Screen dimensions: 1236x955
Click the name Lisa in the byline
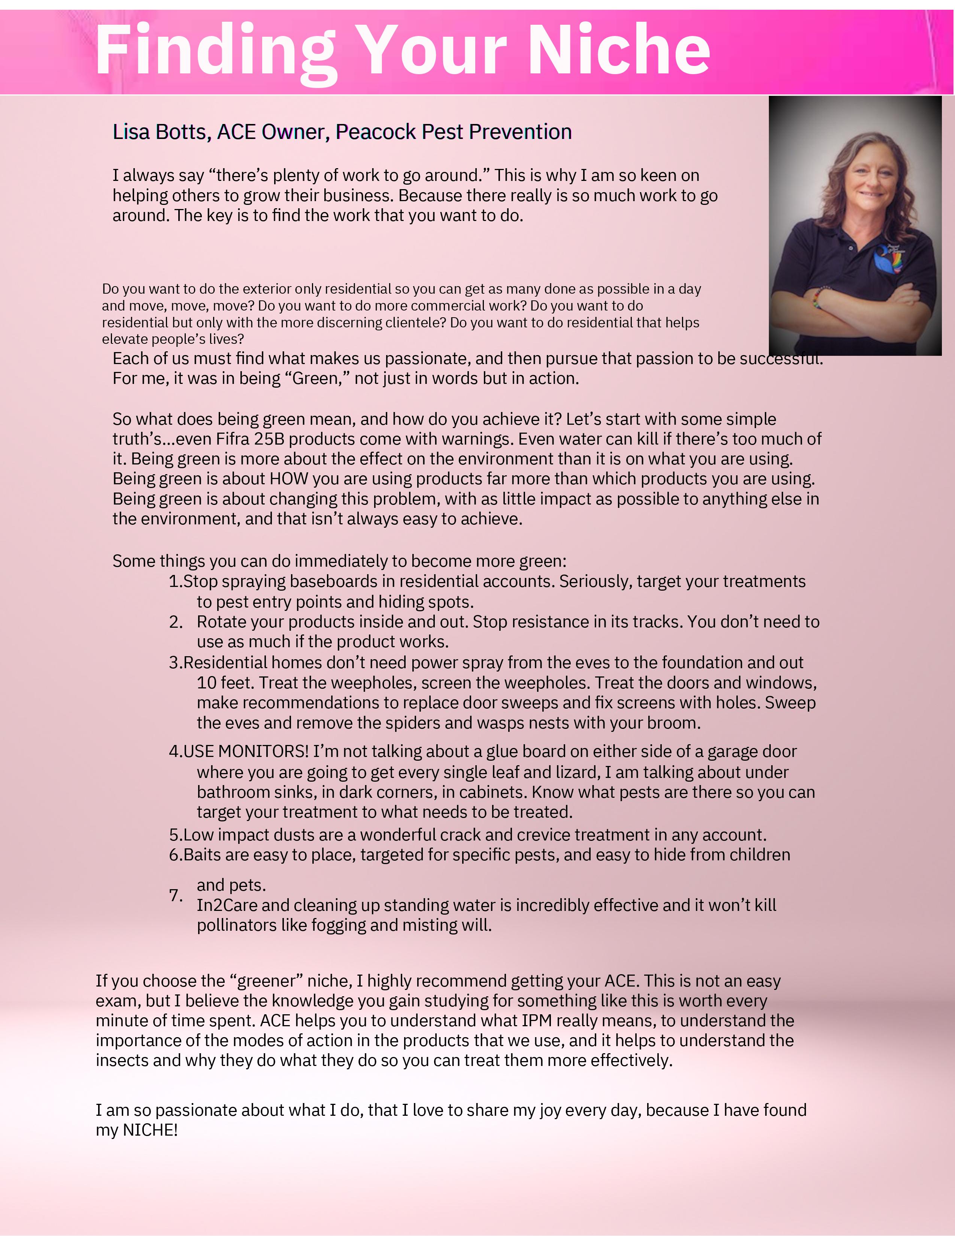tap(131, 132)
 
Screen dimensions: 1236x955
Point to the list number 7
tap(175, 895)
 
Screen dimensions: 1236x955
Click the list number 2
tap(175, 622)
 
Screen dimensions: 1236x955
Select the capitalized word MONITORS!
tap(263, 752)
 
